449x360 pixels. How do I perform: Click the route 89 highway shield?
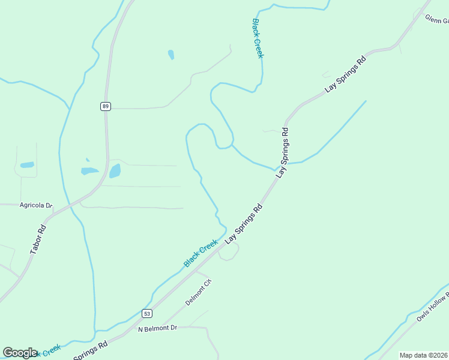(x=106, y=106)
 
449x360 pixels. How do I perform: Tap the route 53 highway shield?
(x=147, y=313)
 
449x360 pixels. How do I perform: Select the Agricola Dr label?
(x=36, y=205)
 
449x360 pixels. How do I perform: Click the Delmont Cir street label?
(x=199, y=292)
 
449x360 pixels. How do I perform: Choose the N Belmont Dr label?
(x=158, y=328)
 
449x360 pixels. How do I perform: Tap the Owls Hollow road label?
(x=432, y=307)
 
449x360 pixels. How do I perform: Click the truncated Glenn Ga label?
(x=436, y=20)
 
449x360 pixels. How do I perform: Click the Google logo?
(x=20, y=353)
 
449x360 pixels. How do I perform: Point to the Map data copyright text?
(x=424, y=355)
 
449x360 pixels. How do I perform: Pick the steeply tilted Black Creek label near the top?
(x=258, y=38)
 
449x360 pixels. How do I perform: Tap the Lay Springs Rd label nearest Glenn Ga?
(x=346, y=74)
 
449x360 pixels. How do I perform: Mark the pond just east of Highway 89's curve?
(x=115, y=171)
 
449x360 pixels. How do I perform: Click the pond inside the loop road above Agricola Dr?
(x=27, y=164)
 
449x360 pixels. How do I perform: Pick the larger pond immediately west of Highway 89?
(x=89, y=171)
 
